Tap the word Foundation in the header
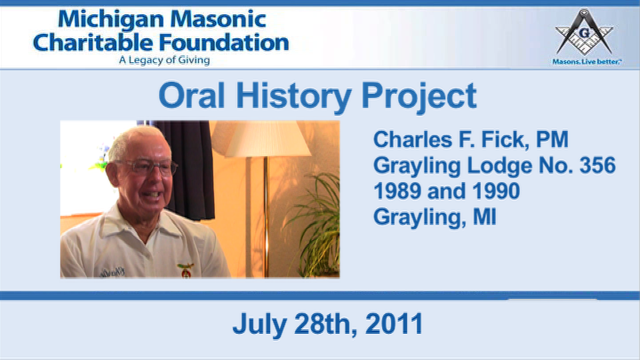[224, 43]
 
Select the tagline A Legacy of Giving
[164, 61]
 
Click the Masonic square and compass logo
[585, 32]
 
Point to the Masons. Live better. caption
[587, 61]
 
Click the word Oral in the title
[191, 95]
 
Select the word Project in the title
[419, 97]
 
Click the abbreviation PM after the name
[552, 139]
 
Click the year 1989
[397, 191]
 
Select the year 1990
[496, 191]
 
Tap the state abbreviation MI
[485, 217]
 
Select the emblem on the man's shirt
[186, 270]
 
